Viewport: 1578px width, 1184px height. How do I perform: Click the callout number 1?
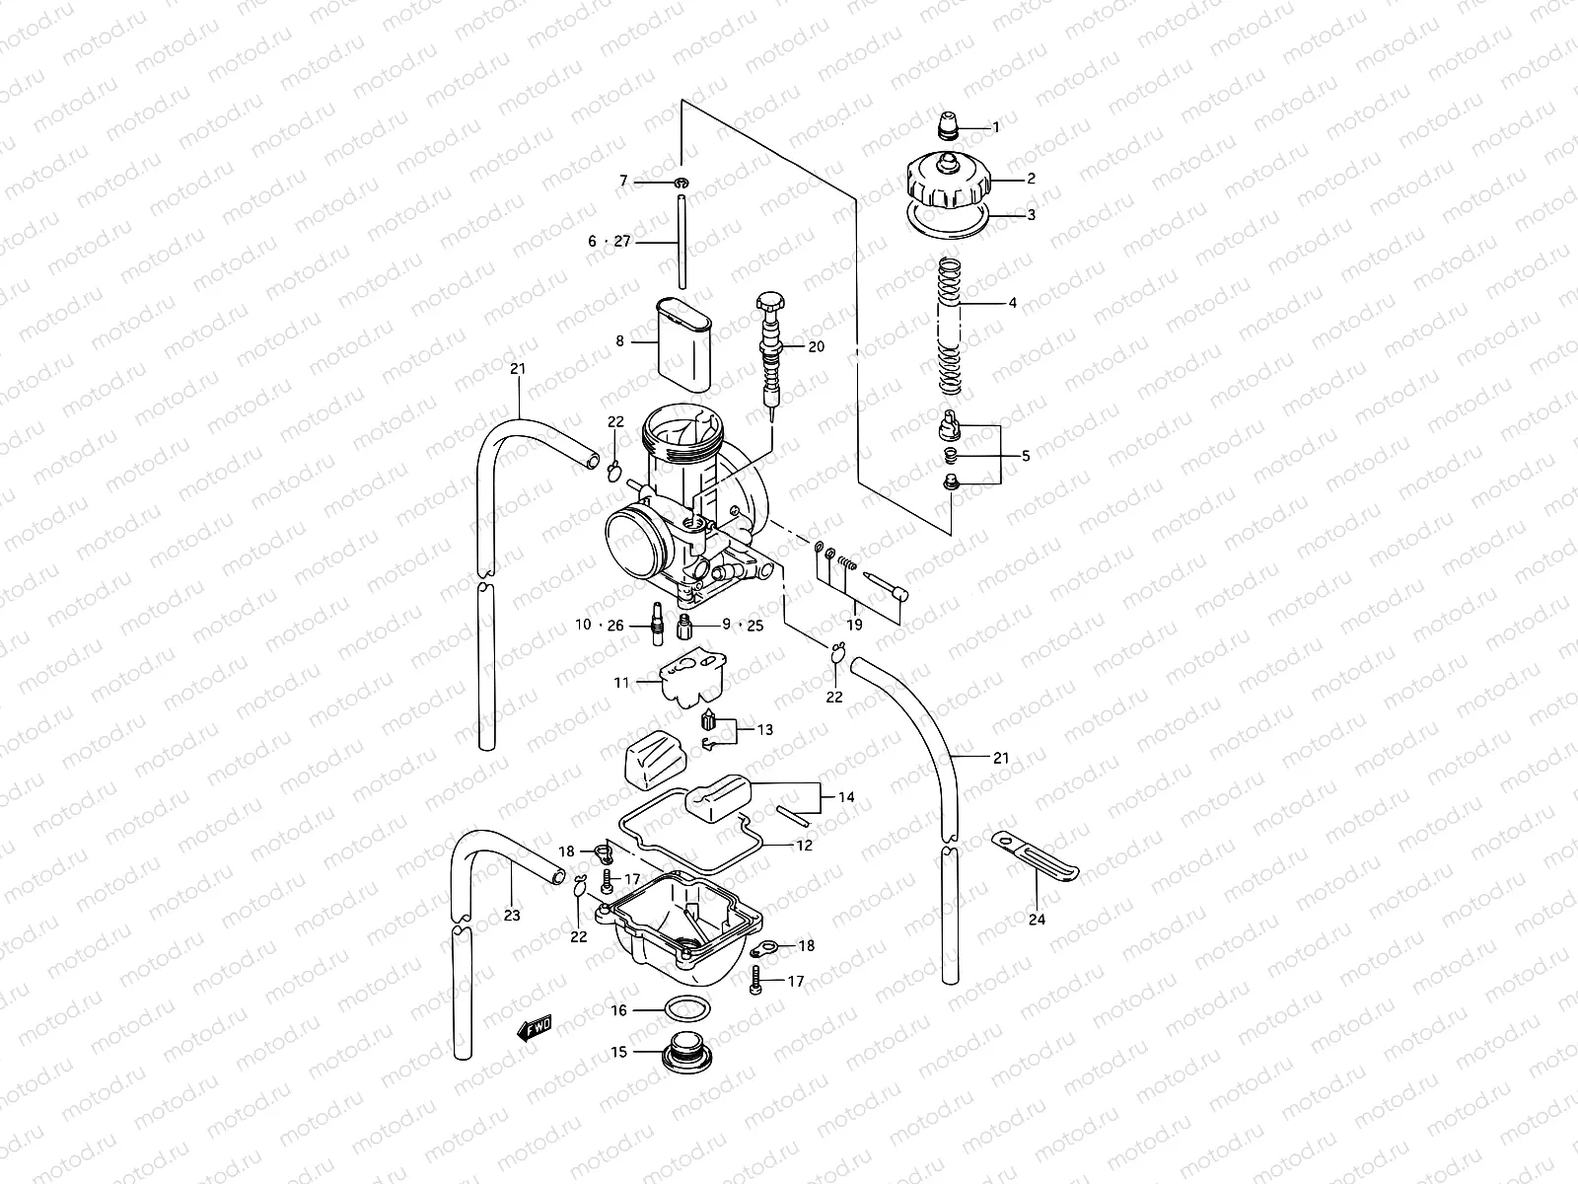[x=995, y=127]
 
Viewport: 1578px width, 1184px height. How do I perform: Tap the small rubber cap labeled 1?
[x=949, y=126]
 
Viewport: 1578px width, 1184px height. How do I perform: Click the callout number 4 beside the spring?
[x=1012, y=303]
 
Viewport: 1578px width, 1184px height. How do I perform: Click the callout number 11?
[x=621, y=682]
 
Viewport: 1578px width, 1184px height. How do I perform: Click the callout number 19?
[x=855, y=625]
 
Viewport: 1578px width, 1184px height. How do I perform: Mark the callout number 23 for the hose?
[x=511, y=915]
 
